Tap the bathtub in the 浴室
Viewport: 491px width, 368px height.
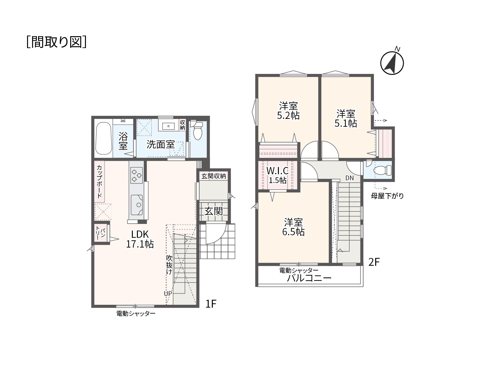[103, 138]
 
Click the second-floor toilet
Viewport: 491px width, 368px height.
[382, 170]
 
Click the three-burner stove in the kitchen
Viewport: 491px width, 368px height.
[137, 175]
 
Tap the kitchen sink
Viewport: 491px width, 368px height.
[137, 205]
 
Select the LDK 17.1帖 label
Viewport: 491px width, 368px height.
[140, 239]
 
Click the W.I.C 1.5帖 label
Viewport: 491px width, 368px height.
[278, 175]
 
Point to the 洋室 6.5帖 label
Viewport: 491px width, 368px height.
[293, 227]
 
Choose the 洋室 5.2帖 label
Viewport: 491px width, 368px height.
[288, 111]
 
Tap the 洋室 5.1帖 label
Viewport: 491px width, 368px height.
[346, 119]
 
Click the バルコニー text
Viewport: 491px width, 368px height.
[309, 278]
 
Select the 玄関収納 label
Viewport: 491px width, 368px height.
[214, 176]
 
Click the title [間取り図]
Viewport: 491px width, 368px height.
[56, 42]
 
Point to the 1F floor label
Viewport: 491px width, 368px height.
[211, 304]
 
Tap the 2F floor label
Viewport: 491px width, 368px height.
[374, 262]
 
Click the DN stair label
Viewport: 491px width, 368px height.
[349, 178]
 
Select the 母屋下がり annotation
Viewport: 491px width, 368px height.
[387, 196]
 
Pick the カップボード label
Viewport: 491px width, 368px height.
[99, 182]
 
